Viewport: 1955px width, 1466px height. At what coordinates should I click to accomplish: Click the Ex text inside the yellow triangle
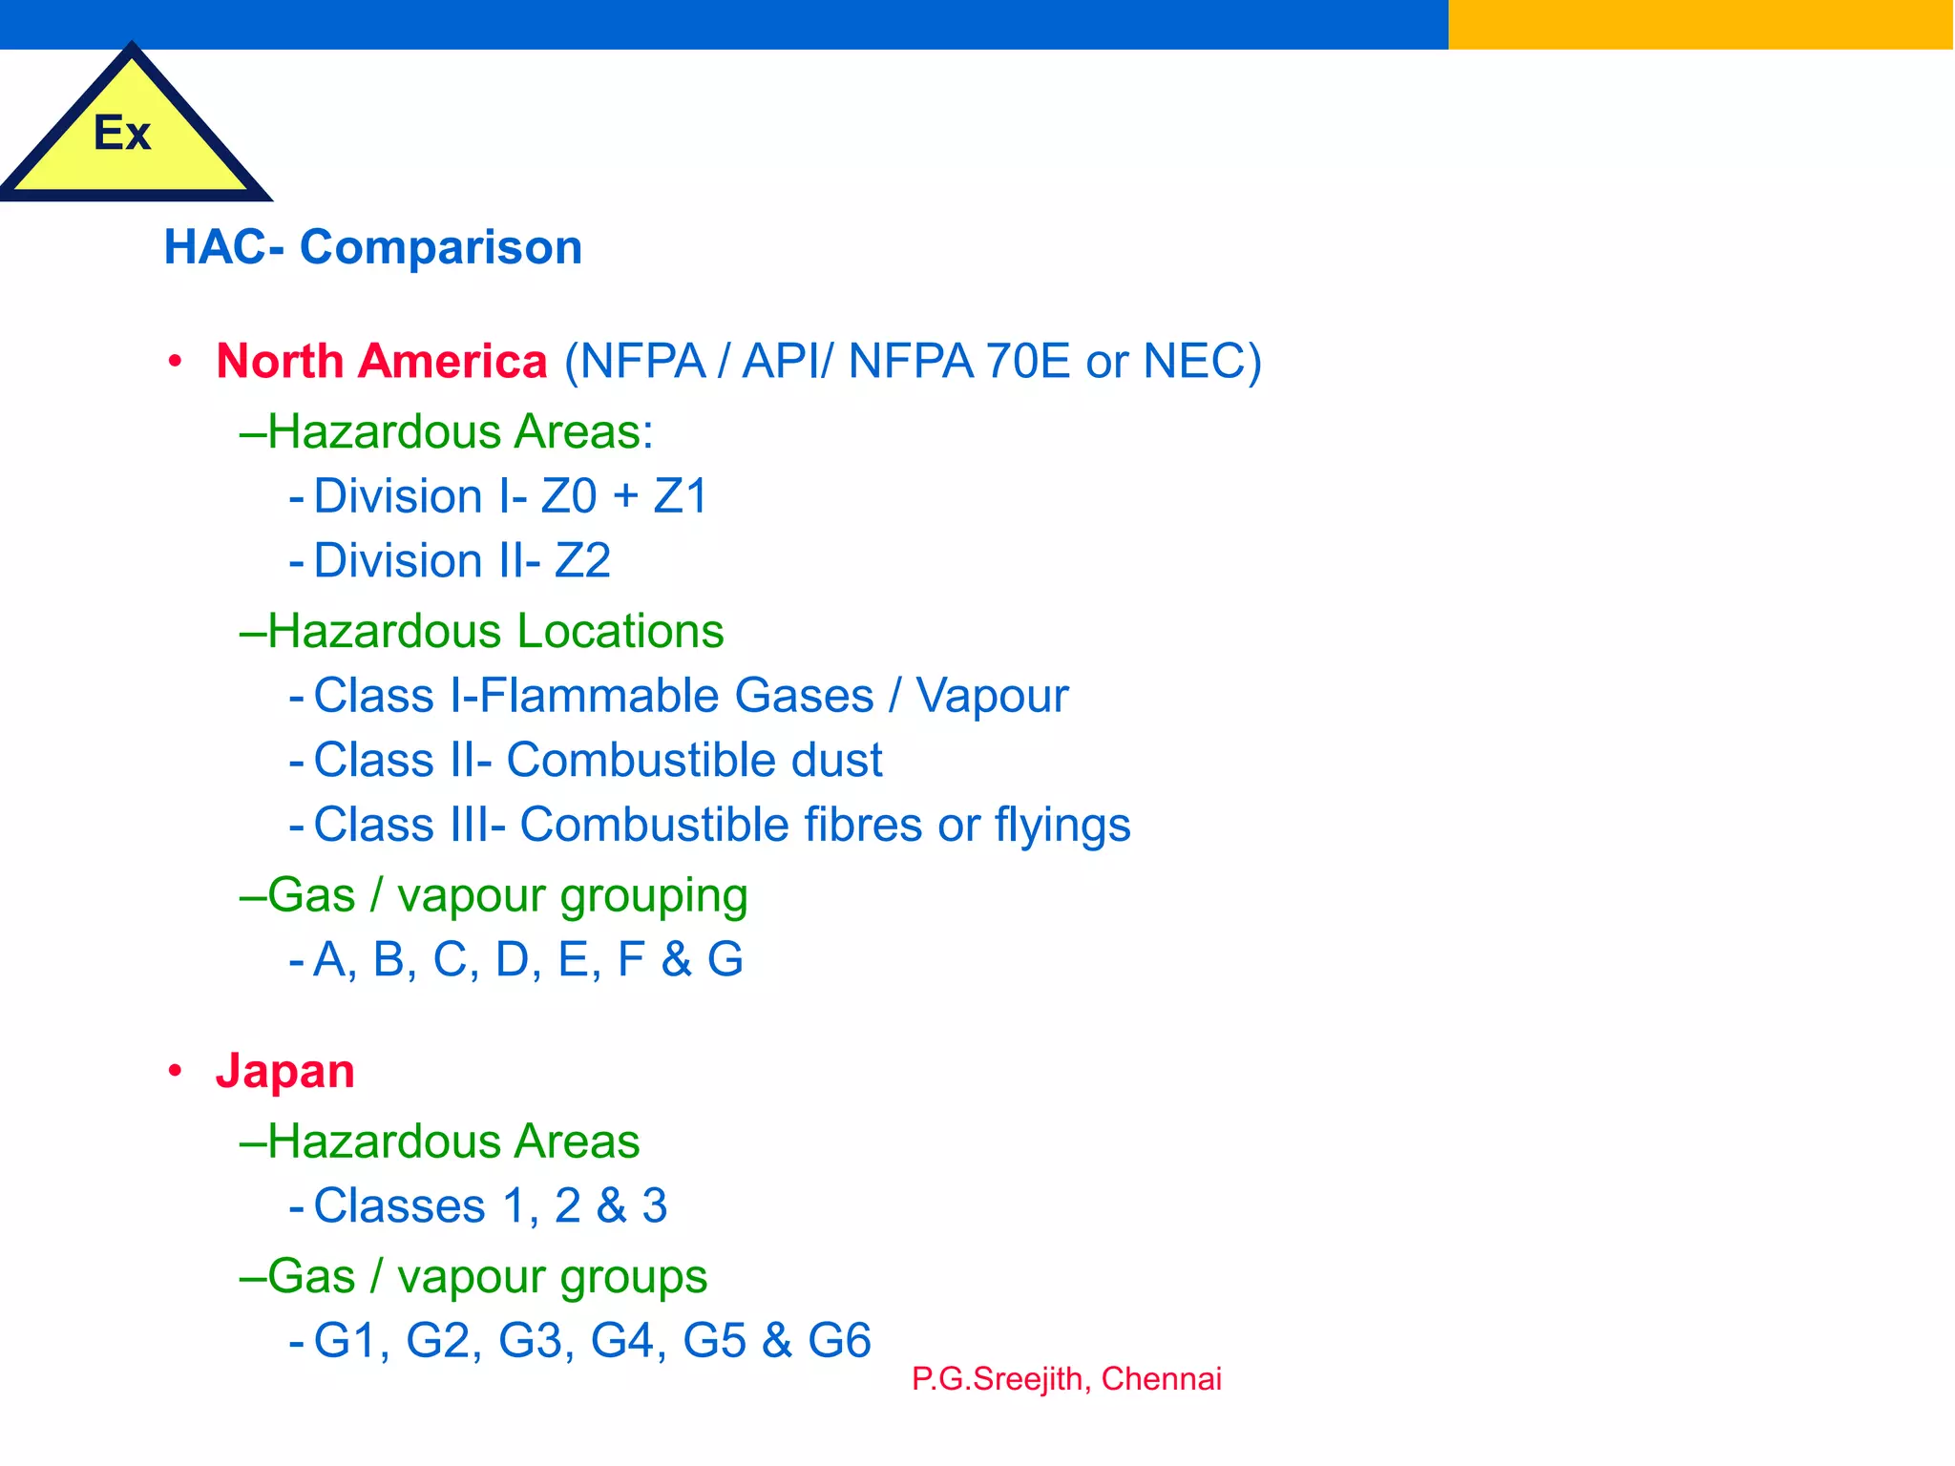[x=122, y=133]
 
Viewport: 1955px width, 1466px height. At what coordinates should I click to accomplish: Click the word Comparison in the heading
[x=441, y=247]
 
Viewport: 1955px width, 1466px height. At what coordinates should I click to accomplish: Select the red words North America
[x=382, y=361]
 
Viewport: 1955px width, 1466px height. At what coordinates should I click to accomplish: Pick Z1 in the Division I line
[x=680, y=496]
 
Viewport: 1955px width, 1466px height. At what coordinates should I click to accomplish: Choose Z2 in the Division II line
[x=582, y=560]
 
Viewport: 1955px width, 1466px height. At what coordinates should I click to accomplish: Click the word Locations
[x=621, y=631]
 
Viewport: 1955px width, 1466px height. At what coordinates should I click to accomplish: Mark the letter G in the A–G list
[x=725, y=959]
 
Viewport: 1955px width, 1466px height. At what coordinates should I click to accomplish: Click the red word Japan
[x=285, y=1071]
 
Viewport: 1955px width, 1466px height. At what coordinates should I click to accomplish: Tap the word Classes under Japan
[x=399, y=1205]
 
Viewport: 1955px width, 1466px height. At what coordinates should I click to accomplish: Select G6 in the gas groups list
[x=839, y=1340]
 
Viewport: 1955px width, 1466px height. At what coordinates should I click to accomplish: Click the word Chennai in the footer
[x=1161, y=1379]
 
